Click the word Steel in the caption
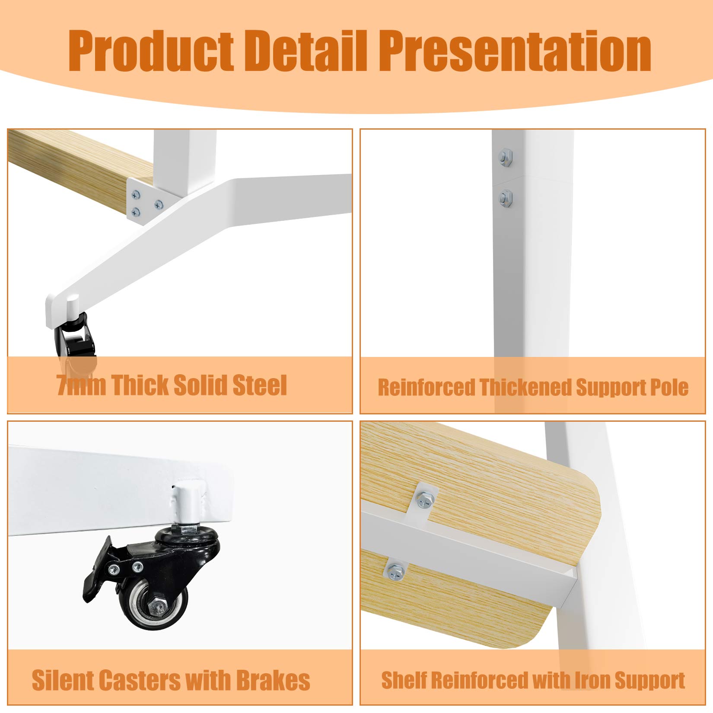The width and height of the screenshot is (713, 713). (260, 385)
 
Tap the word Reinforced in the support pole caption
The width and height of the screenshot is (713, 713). (426, 387)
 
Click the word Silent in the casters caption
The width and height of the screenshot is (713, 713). (64, 681)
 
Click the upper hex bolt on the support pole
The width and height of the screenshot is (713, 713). (505, 156)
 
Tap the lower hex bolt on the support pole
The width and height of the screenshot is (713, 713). (505, 198)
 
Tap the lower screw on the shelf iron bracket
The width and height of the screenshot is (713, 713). (395, 573)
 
